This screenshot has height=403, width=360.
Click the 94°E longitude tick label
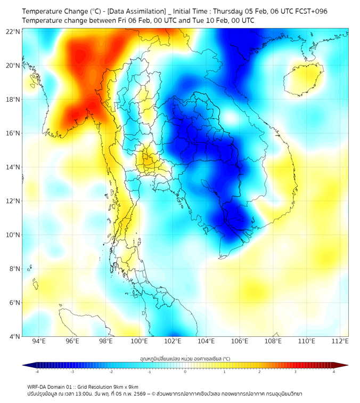click(x=39, y=341)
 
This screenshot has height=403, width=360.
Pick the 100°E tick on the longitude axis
click(x=139, y=341)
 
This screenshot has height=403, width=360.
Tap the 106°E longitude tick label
click(x=240, y=341)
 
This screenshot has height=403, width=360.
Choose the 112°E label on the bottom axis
click(x=340, y=341)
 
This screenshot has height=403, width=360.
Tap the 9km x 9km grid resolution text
click(x=124, y=386)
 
